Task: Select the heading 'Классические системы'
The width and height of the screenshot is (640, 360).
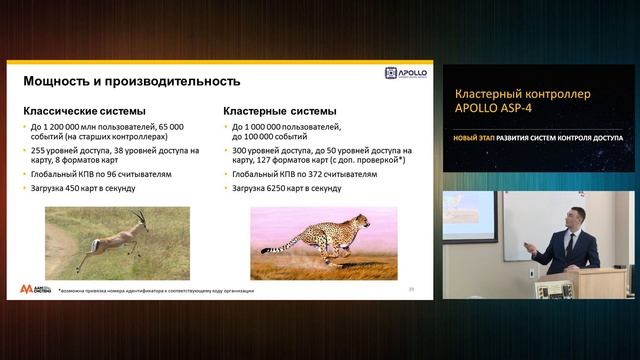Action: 85,111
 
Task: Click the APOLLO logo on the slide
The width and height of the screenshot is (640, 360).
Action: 406,73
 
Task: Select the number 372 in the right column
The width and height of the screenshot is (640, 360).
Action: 326,173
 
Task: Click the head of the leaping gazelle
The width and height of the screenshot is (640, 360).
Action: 141,215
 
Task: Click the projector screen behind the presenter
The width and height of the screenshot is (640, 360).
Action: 470,214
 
